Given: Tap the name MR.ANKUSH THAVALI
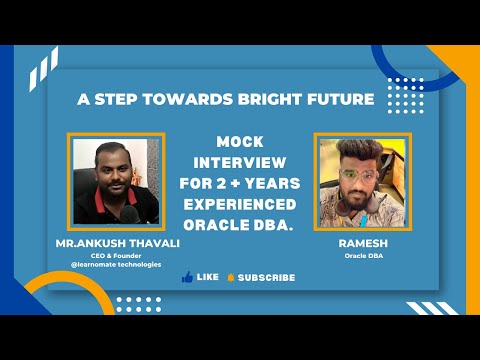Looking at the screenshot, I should [x=110, y=243].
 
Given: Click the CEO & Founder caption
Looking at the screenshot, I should [x=110, y=255].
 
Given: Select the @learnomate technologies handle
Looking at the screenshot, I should [x=110, y=264].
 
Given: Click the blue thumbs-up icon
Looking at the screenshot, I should [x=187, y=277].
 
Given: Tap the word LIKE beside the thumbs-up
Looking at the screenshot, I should [x=208, y=277].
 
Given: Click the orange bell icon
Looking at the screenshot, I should [x=230, y=277].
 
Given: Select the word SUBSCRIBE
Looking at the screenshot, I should [x=266, y=277].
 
